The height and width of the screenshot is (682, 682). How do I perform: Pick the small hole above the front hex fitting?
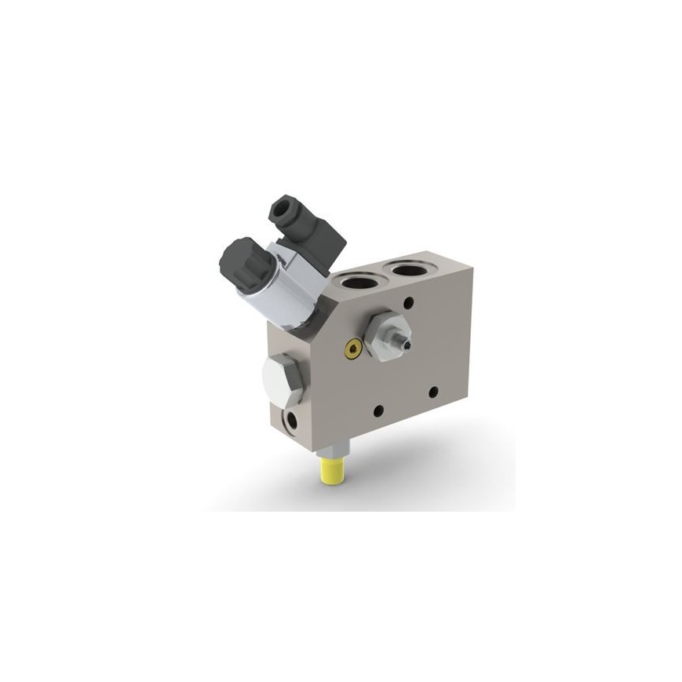tap(408, 301)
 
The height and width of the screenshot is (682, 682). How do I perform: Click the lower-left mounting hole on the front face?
tap(378, 410)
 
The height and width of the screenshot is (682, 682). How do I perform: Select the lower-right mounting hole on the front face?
tap(432, 391)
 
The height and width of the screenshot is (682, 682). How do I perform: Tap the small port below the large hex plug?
tap(291, 421)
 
